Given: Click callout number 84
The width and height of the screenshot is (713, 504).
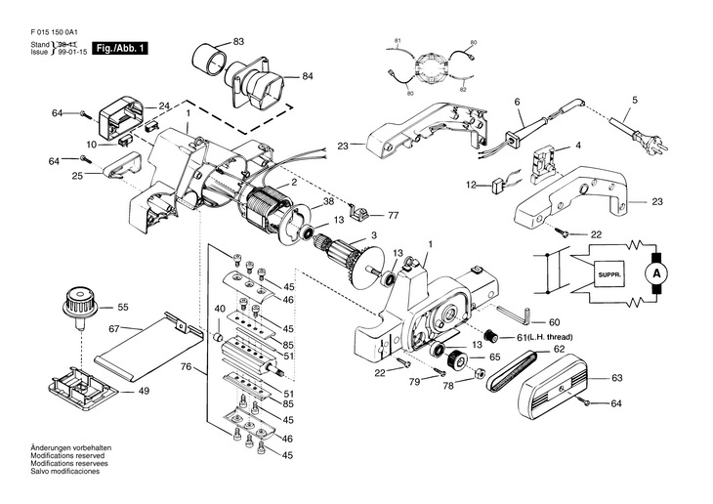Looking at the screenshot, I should coord(307,75).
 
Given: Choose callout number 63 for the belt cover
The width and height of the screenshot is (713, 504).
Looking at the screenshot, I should coord(616,376).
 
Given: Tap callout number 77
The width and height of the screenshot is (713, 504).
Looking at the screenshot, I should coord(393,214).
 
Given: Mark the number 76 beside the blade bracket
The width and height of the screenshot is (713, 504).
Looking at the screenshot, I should coord(185,367).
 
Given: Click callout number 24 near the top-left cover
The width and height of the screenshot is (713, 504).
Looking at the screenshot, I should coord(164,105).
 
